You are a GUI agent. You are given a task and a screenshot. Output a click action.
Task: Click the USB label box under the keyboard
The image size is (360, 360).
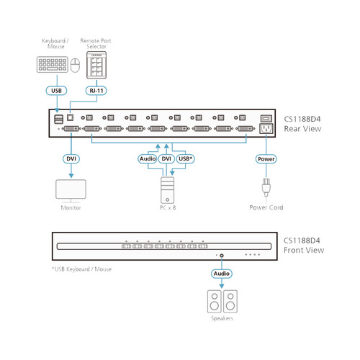pos(57,91)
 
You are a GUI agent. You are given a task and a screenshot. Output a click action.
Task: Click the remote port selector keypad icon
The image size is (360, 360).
pos(96,67)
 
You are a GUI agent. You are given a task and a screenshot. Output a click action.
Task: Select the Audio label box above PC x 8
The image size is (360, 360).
pos(147,159)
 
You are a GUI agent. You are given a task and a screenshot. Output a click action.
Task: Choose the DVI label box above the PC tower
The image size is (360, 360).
pos(166,159)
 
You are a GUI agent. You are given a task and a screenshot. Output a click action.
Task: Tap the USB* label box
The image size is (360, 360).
pos(186,159)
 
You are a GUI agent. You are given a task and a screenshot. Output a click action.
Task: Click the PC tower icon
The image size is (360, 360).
pos(166,190)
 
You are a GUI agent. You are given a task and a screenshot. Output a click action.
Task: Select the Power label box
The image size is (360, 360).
pos(265,159)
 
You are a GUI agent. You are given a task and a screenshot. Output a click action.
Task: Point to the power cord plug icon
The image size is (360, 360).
pos(265,190)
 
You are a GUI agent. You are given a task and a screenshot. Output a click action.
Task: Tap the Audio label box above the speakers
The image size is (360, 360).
pos(222,274)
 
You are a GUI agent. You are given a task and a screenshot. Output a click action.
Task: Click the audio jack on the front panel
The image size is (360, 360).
pos(222,255)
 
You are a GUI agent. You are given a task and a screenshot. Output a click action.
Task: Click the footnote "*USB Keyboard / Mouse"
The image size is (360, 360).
pos(81,269)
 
